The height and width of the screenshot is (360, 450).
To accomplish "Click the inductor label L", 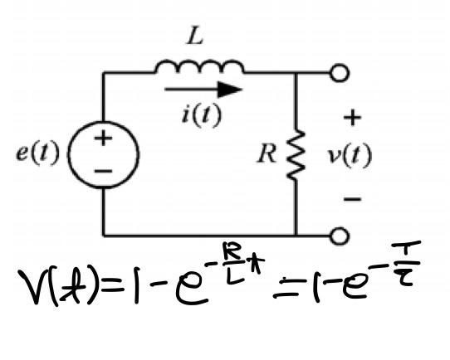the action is (x=195, y=36).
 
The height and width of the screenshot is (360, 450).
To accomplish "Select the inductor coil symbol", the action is (x=199, y=66).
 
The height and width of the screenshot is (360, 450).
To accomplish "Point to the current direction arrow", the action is (x=203, y=90).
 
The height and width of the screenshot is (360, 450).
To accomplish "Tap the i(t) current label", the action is (x=202, y=115).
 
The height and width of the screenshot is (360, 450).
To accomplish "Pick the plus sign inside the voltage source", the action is (x=103, y=139).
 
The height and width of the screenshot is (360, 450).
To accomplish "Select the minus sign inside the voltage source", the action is (x=103, y=171).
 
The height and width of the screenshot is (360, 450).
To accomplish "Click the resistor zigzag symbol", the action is (x=296, y=155).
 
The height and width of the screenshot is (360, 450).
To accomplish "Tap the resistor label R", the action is (x=267, y=153).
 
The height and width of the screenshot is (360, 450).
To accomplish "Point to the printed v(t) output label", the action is (x=350, y=156).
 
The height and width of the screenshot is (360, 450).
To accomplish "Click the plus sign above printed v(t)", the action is (x=352, y=118).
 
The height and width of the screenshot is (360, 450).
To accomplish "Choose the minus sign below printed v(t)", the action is (x=352, y=199).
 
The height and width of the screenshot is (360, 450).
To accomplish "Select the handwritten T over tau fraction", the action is (x=406, y=264).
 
